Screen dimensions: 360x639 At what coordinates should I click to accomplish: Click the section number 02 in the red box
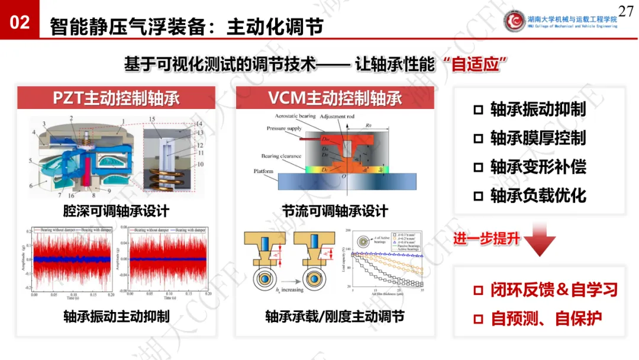click(x=20, y=22)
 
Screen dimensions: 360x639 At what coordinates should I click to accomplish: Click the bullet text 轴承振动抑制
click(x=537, y=110)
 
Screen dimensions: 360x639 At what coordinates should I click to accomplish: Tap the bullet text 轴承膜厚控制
click(x=537, y=138)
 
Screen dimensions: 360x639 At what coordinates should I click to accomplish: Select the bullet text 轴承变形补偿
click(x=537, y=166)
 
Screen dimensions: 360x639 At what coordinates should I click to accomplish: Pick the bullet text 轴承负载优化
click(x=537, y=195)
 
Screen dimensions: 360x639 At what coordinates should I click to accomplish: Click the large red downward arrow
click(x=540, y=239)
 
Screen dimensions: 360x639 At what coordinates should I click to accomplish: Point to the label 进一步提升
click(x=487, y=239)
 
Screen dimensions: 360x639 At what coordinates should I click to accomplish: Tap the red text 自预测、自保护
click(x=546, y=319)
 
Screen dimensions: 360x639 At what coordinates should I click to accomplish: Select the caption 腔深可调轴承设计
click(x=116, y=211)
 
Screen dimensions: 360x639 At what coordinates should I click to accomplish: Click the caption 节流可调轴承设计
click(x=335, y=211)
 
